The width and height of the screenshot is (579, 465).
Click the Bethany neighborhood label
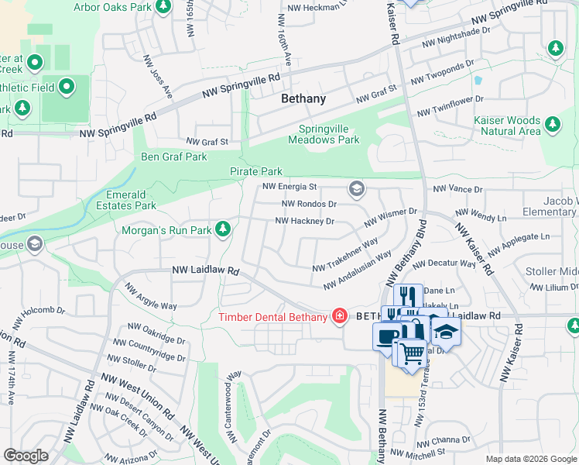(303, 99)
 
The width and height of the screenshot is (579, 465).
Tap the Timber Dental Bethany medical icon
(339, 315)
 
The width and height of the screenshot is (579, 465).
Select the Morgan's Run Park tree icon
(223, 229)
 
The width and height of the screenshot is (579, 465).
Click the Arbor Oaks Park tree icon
(163, 7)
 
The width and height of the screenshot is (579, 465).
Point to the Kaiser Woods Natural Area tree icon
(552, 123)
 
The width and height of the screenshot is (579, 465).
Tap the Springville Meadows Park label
(324, 135)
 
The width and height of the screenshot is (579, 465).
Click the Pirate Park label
(255, 171)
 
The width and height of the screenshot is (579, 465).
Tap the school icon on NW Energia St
(356, 188)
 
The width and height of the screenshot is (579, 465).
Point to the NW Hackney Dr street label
(305, 222)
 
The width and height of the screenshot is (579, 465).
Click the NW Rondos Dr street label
(309, 205)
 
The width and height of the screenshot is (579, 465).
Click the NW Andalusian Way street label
(357, 270)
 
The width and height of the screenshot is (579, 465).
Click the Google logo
(26, 455)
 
